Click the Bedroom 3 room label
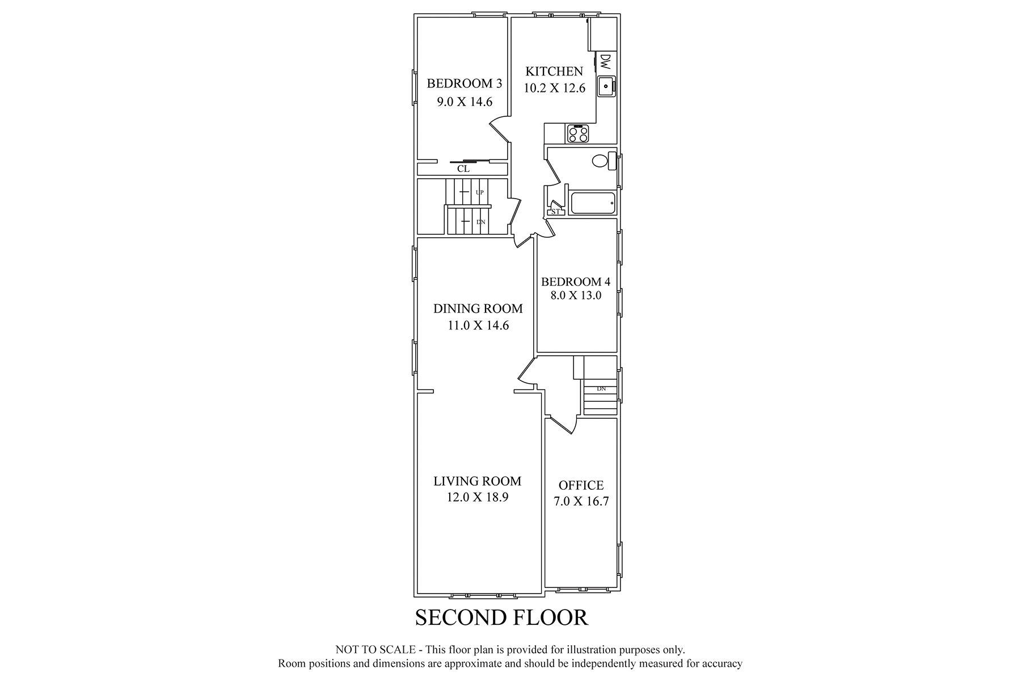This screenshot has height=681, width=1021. click(x=464, y=84)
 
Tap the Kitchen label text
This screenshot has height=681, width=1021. click(x=554, y=72)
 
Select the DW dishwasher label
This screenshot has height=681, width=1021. click(x=605, y=62)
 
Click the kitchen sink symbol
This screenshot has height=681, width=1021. click(x=606, y=86)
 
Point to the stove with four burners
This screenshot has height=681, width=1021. click(x=578, y=134)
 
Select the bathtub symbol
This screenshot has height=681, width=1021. click(x=593, y=203)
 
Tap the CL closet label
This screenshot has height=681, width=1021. click(x=463, y=169)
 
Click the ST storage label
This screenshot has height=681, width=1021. click(x=555, y=212)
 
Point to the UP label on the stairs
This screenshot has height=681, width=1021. click(x=480, y=192)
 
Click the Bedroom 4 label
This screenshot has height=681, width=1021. click(x=576, y=281)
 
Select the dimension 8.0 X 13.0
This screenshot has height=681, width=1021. click(x=576, y=295)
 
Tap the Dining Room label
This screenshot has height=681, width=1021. click(x=478, y=309)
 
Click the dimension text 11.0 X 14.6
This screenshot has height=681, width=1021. click(x=478, y=326)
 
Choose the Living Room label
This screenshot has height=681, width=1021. click(x=478, y=481)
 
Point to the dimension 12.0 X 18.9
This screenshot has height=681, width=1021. click(x=478, y=498)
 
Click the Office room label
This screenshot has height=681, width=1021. click(x=581, y=485)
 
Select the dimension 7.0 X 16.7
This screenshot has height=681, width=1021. click(x=581, y=502)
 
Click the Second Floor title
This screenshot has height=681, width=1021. click(x=501, y=617)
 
